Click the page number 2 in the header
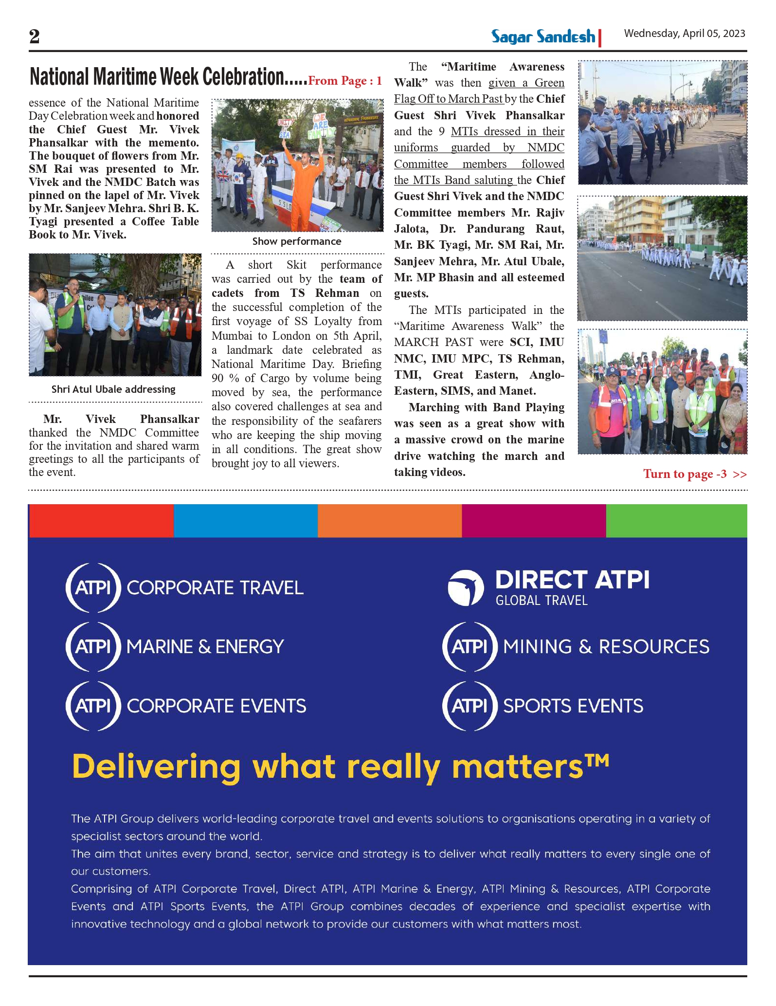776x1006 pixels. click(x=34, y=37)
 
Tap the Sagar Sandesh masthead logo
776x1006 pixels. click(x=543, y=37)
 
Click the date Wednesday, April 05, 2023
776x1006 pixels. click(x=685, y=34)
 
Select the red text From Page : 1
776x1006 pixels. click(x=345, y=81)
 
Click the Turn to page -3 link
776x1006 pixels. click(x=694, y=474)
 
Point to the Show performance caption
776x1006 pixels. click(x=297, y=241)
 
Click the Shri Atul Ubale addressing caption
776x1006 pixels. click(x=113, y=389)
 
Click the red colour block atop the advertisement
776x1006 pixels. click(x=101, y=521)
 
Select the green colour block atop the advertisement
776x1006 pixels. click(x=676, y=521)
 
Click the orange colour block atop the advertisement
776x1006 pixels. click(x=389, y=521)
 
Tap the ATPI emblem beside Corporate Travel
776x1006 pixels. click(x=93, y=587)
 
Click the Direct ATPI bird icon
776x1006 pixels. click(x=466, y=587)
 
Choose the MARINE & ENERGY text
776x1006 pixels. click(x=205, y=647)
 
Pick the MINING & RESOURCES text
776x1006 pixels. click(x=606, y=647)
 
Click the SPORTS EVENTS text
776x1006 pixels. click(x=573, y=706)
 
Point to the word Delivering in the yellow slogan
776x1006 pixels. click(x=156, y=768)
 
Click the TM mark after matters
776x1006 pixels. click(x=597, y=759)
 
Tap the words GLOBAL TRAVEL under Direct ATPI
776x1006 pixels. click(x=541, y=601)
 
